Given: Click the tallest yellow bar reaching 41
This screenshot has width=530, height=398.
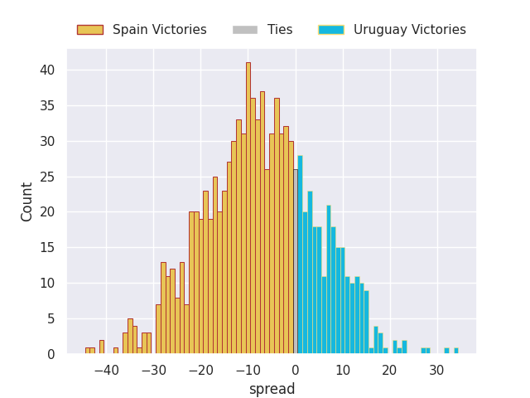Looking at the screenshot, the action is [x=248, y=208].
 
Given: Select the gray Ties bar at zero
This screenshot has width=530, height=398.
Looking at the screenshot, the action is [x=296, y=262].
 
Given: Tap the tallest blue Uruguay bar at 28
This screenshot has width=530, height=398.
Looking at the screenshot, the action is [x=300, y=255].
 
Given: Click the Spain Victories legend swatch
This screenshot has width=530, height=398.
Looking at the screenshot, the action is [x=90, y=30].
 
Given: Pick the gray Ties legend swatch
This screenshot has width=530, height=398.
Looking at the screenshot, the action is [x=245, y=30].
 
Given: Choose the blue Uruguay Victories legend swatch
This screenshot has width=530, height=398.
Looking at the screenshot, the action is [x=331, y=30].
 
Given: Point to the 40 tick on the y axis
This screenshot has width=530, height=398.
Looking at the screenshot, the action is [x=47, y=70].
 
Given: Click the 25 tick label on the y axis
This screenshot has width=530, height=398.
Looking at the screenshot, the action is [x=47, y=177].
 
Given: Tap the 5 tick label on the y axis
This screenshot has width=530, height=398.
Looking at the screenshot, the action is [x=51, y=318].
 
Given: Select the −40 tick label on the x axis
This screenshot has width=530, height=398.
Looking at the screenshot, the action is [x=107, y=371].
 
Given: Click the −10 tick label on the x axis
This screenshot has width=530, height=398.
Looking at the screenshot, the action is [x=248, y=371].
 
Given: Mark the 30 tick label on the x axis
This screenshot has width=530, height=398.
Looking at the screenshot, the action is [x=436, y=371].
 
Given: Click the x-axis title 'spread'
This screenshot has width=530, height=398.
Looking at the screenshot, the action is [x=272, y=389].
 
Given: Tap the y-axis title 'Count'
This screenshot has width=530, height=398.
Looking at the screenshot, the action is [x=26, y=202].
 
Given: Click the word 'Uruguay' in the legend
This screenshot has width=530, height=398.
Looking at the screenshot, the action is [x=380, y=30].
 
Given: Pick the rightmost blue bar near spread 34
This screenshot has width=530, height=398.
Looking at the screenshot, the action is [x=456, y=351].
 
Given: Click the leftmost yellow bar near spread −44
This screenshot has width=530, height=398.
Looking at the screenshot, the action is [x=88, y=351].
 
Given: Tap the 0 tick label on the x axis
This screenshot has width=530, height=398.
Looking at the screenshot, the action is [x=296, y=371].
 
